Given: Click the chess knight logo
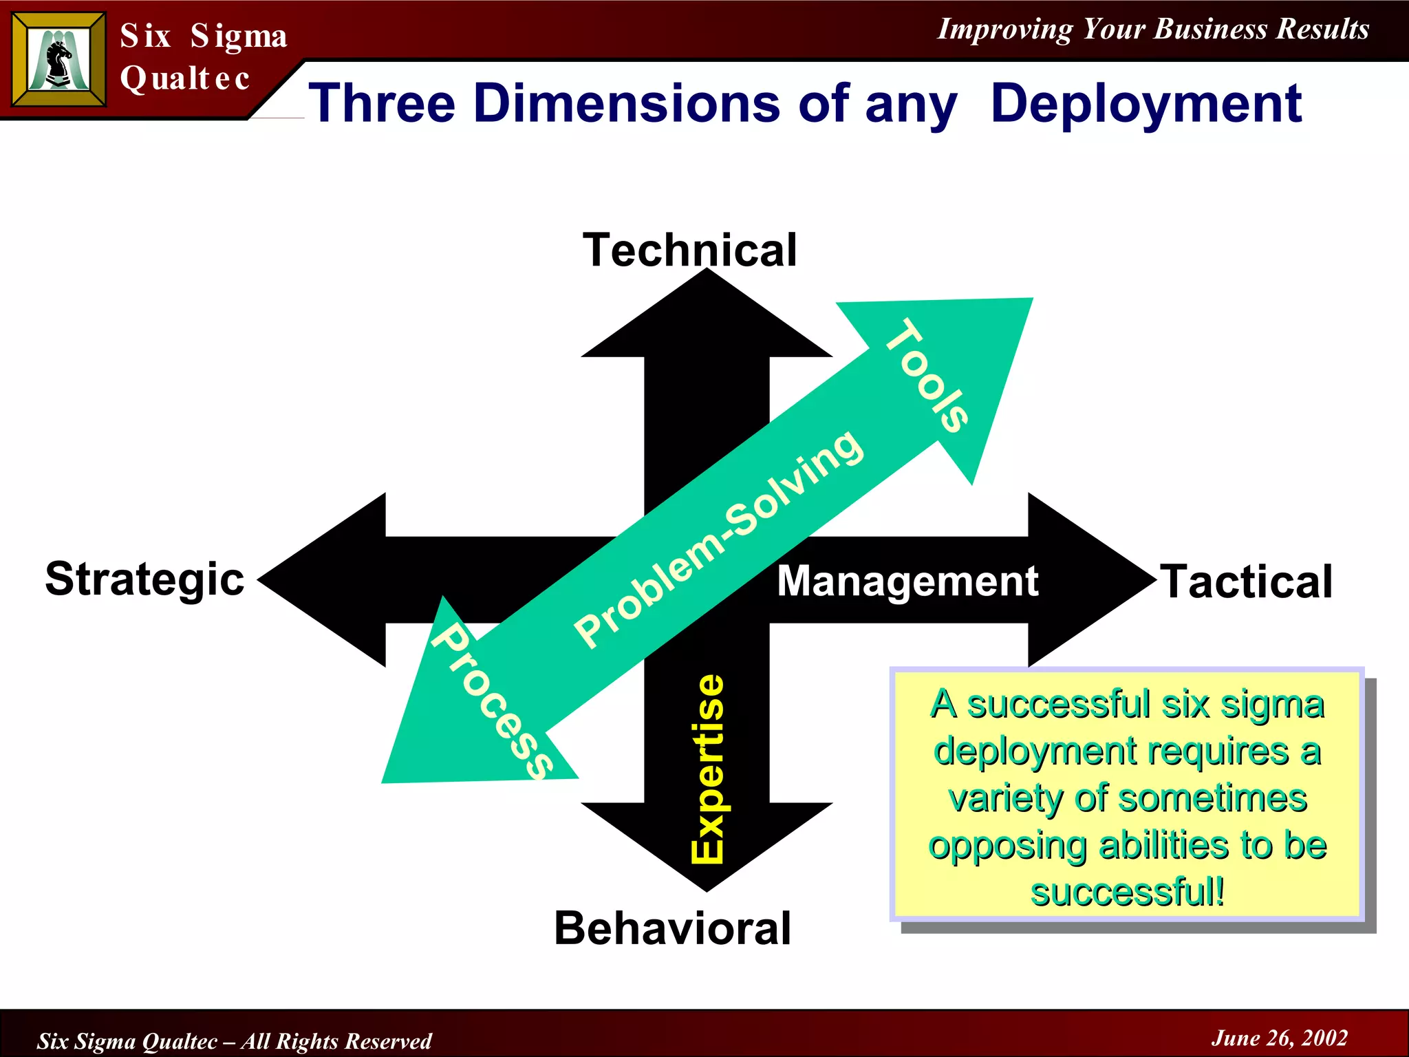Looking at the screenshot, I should pyautogui.click(x=58, y=61).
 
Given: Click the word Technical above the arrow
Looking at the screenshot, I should pyautogui.click(x=689, y=250).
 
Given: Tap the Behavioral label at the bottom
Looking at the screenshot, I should pyautogui.click(x=672, y=928).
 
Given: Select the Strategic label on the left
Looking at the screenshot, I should pyautogui.click(x=144, y=579).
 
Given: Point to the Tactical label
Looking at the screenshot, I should pyautogui.click(x=1247, y=582).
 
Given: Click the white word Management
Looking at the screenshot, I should pyautogui.click(x=907, y=581).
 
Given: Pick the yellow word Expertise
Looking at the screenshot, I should pyautogui.click(x=708, y=769).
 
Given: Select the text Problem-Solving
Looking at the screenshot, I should pyautogui.click(x=718, y=538).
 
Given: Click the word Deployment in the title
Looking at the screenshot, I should pyautogui.click(x=1146, y=104).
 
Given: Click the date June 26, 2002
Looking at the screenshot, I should pyautogui.click(x=1279, y=1038).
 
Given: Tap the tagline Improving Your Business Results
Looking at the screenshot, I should pyautogui.click(x=1153, y=29).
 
